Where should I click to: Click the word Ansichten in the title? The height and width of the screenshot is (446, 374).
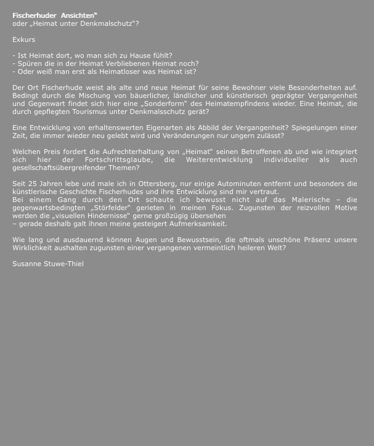(78, 15)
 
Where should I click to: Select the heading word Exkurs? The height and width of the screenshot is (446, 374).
(23, 39)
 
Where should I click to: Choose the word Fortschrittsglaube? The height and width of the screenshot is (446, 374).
(110, 160)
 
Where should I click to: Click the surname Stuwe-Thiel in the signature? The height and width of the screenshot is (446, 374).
(63, 264)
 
